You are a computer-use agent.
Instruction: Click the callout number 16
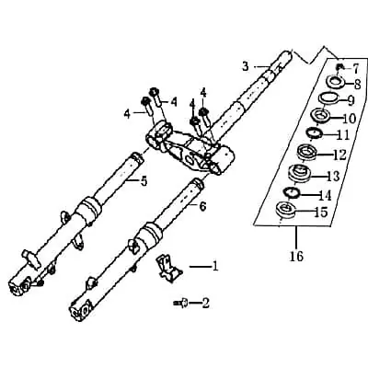297,256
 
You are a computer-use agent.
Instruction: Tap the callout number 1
215,266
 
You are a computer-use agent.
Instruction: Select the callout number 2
205,304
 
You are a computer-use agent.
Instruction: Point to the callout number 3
246,66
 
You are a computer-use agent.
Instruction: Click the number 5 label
144,181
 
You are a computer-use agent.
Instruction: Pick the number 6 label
202,207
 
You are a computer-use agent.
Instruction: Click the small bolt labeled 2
181,304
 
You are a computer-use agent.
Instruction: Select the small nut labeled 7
339,66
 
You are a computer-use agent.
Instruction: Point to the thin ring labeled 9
328,98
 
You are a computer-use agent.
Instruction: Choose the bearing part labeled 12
308,152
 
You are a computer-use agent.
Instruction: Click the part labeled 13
301,173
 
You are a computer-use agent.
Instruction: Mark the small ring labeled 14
292,193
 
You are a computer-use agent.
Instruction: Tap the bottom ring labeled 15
286,210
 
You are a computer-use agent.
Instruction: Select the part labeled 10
321,116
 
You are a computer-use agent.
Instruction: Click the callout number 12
339,155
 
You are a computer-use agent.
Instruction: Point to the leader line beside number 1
201,267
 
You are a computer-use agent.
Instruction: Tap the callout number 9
351,100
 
